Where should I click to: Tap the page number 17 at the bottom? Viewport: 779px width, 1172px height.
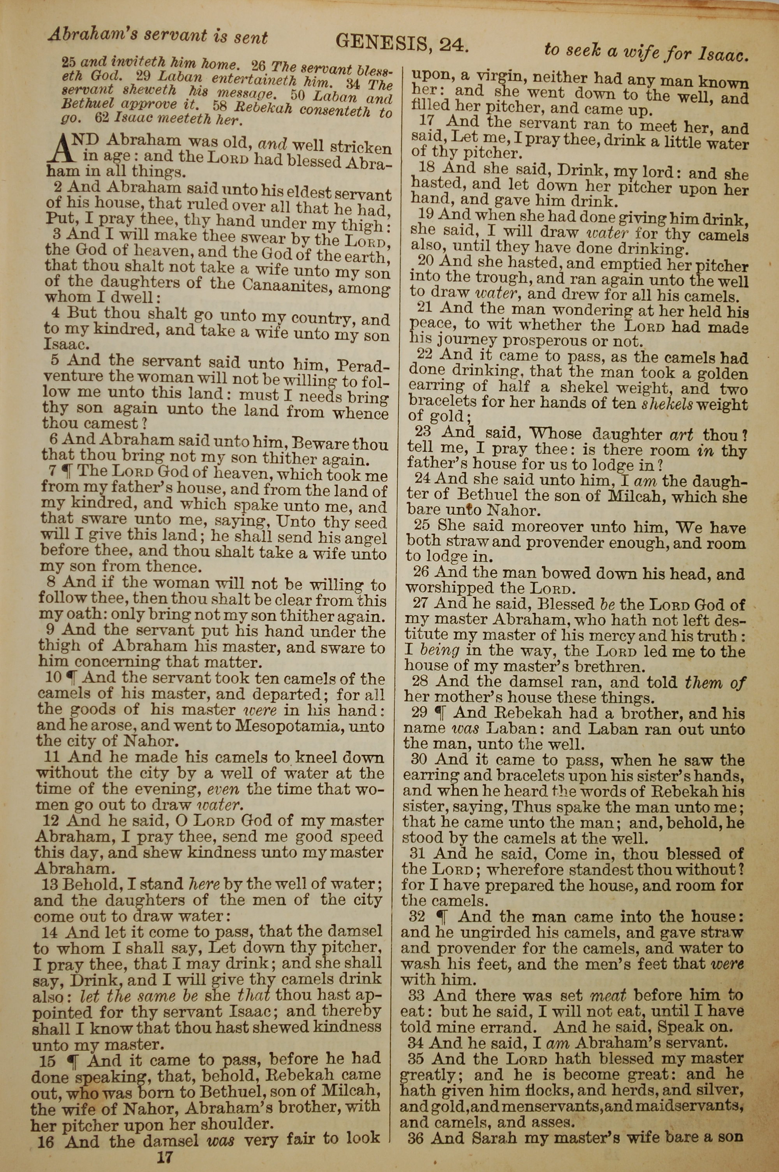(164, 1158)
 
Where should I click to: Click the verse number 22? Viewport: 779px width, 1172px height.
(427, 355)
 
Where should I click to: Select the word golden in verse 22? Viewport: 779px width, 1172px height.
(722, 373)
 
